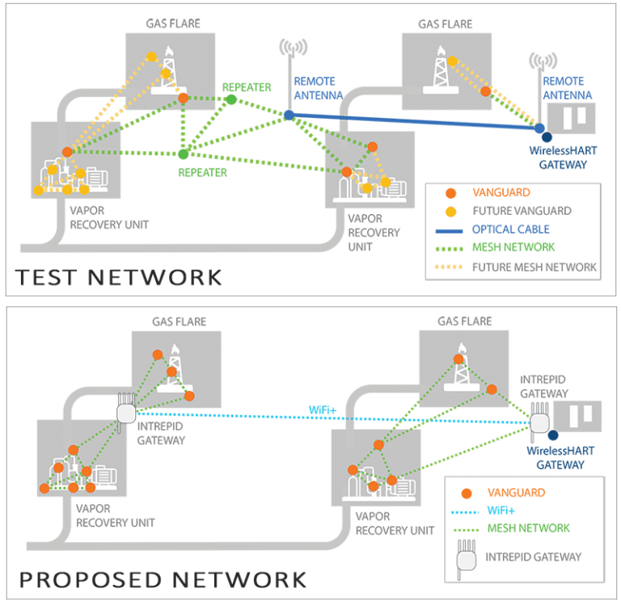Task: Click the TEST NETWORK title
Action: pyautogui.click(x=118, y=277)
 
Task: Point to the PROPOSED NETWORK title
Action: pyautogui.click(x=163, y=579)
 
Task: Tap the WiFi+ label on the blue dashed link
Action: pyautogui.click(x=322, y=408)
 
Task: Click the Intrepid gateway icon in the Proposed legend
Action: pyautogui.click(x=464, y=558)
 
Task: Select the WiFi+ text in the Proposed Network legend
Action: pyautogui.click(x=497, y=510)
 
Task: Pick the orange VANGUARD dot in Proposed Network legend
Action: pyautogui.click(x=465, y=493)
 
